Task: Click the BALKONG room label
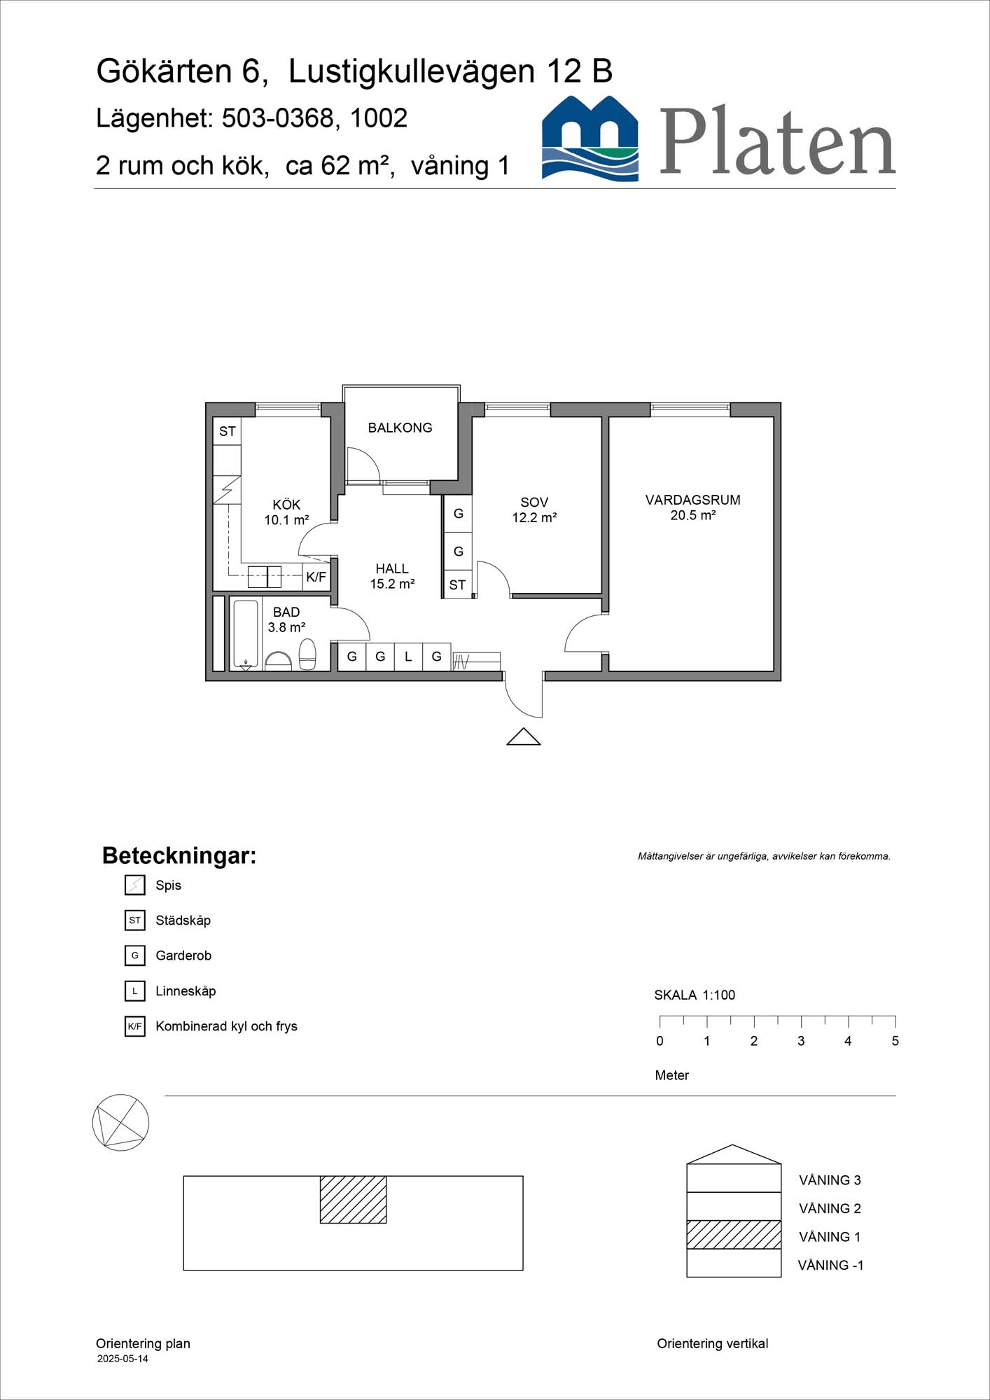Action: [400, 428]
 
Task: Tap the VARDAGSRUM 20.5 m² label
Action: [692, 507]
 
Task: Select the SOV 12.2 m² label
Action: [534, 510]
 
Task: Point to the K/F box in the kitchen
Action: [316, 577]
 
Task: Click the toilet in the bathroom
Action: [307, 654]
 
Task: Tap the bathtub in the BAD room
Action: [245, 634]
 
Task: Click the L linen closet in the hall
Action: [408, 657]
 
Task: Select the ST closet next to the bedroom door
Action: [457, 585]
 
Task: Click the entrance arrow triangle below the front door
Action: [524, 737]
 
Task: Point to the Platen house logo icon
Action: [590, 139]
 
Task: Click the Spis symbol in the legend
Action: [134, 885]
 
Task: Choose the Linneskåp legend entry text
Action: [186, 991]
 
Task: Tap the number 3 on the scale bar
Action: [801, 1041]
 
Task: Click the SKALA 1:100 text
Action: [695, 995]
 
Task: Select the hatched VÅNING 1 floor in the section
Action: [733, 1235]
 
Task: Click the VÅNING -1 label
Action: [830, 1265]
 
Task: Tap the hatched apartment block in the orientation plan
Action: [353, 1199]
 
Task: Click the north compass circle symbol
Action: [120, 1122]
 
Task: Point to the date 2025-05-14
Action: [123, 1359]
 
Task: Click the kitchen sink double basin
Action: [265, 577]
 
